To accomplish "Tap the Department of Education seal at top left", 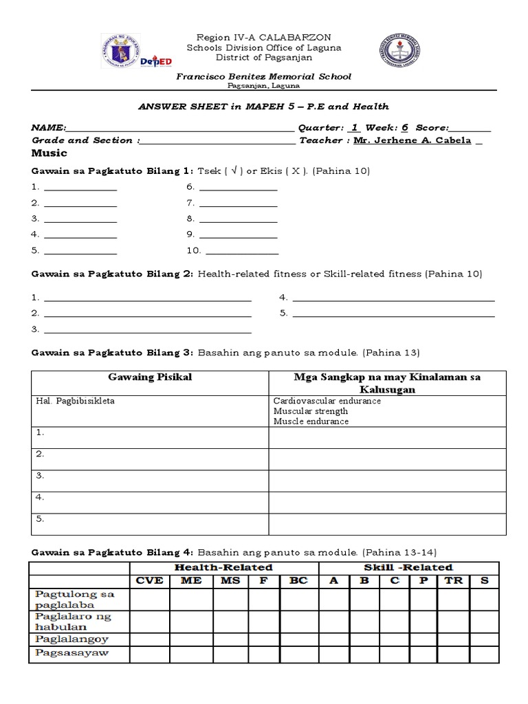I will [122, 52].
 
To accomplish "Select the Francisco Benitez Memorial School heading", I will [263, 76].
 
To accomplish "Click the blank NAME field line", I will [179, 128].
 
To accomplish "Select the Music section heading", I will [49, 153].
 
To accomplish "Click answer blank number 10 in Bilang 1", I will [242, 251].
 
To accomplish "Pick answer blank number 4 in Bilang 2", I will [393, 298].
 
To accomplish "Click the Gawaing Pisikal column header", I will [150, 377].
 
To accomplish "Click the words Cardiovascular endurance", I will [327, 401].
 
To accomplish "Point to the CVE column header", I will [149, 580].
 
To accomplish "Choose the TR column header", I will [453, 580].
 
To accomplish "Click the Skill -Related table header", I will [408, 567].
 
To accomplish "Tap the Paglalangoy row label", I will [71, 639].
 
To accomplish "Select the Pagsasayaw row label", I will [71, 652].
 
